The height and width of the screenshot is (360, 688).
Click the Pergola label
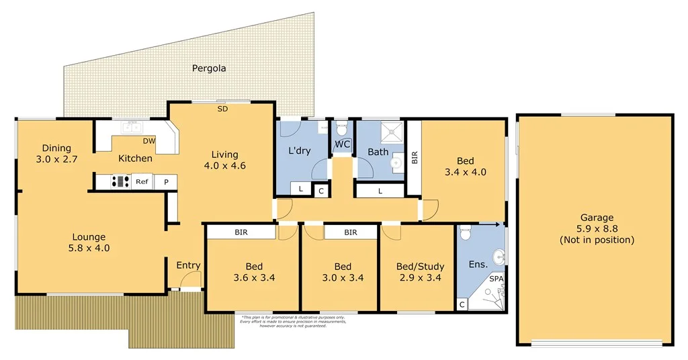pyautogui.click(x=209, y=68)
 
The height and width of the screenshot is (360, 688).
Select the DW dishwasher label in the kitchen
pyautogui.click(x=149, y=141)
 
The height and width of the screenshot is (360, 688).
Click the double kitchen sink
pyautogui.click(x=131, y=126)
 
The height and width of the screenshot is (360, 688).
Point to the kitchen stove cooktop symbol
pyautogui.click(x=120, y=181)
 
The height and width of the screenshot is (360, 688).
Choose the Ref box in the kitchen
pyautogui.click(x=142, y=181)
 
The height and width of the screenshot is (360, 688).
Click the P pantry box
pyautogui.click(x=165, y=181)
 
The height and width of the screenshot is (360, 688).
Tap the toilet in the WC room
pyautogui.click(x=342, y=128)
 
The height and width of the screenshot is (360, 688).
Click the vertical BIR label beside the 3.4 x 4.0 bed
pyautogui.click(x=415, y=158)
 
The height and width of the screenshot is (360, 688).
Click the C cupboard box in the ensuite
pyautogui.click(x=462, y=305)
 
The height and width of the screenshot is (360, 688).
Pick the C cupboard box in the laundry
pyautogui.click(x=321, y=191)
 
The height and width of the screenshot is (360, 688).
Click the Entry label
pyautogui.click(x=188, y=265)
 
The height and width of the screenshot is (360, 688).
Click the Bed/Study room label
pyautogui.click(x=418, y=265)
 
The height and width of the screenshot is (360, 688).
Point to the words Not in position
pyautogui.click(x=597, y=240)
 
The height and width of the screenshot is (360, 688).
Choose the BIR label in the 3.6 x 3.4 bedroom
pyautogui.click(x=241, y=232)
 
